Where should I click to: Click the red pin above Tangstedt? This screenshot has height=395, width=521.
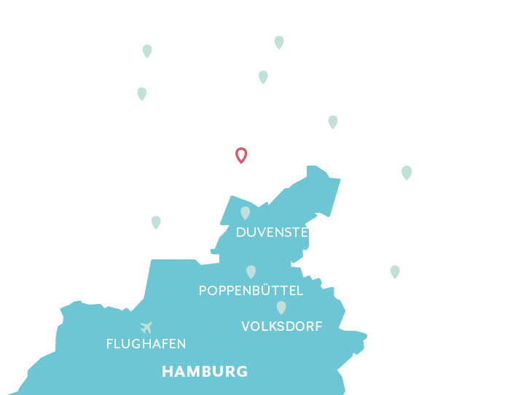tap(241, 155)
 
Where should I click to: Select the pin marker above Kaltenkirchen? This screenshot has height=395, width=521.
tap(147, 51)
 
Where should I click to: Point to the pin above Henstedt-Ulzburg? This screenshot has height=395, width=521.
tap(142, 93)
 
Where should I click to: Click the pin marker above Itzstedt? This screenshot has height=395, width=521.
tap(279, 42)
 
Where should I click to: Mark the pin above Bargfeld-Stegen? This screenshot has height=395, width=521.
tap(333, 122)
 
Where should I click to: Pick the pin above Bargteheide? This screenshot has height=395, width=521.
tap(407, 173)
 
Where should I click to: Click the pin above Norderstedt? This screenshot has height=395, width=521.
tap(156, 222)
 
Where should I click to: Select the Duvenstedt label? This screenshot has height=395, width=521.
tap(281, 233)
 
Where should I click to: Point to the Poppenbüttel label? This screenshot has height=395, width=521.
tap(251, 291)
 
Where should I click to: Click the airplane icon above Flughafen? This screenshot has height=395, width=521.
tap(146, 326)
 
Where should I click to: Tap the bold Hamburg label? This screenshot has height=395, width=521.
tap(205, 372)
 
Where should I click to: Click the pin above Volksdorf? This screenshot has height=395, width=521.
tap(281, 308)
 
